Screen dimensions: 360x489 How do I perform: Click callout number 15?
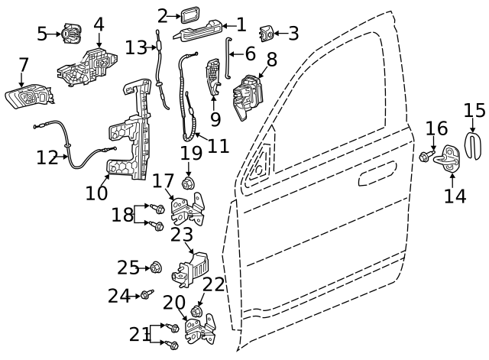tap(474, 111)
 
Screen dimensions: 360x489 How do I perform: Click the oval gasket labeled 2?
tap(188, 15)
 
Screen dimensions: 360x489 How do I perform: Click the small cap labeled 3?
tap(267, 34)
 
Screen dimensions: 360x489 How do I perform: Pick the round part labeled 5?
tap(70, 34)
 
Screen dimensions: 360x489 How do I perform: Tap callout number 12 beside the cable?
tap(47, 158)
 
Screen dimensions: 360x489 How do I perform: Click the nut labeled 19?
tap(189, 183)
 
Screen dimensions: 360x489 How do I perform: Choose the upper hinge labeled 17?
tap(187, 209)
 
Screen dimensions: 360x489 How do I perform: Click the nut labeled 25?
tap(155, 268)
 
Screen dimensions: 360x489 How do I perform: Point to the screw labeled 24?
tap(144, 294)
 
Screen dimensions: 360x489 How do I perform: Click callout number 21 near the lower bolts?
tap(139, 335)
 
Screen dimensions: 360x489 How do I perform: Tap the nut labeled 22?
tap(197, 312)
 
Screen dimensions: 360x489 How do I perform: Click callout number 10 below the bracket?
tap(97, 193)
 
